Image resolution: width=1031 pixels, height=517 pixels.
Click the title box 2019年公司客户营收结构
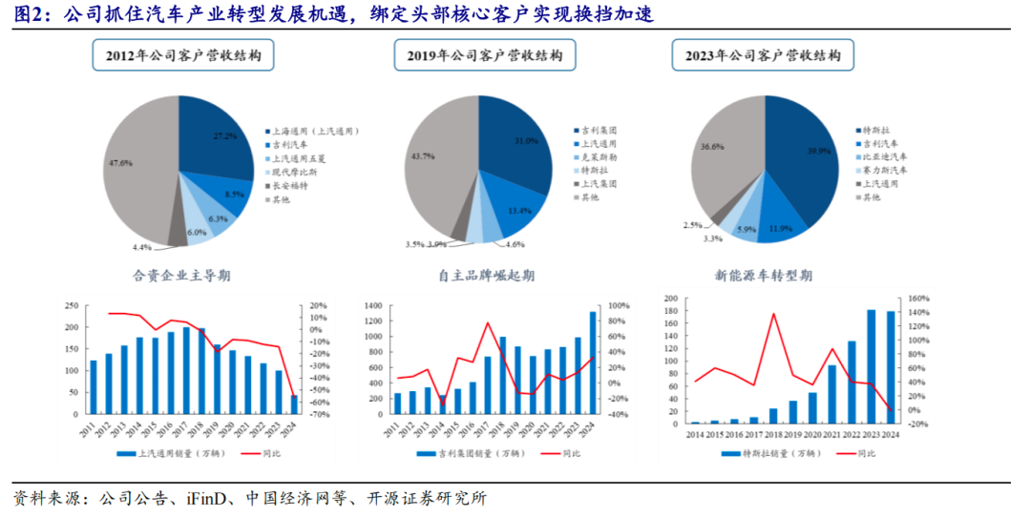coord(478,56)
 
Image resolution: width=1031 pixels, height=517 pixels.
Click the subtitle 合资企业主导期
coord(181,277)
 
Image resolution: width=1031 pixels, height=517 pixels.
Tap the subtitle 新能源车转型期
coord(764,277)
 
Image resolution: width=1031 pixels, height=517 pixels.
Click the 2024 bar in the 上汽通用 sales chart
coord(293,404)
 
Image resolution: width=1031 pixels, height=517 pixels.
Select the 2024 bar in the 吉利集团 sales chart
coord(592,362)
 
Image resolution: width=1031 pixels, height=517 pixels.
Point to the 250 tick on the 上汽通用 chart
coord(70,305)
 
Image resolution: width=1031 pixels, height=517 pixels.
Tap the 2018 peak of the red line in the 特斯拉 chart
coord(773,314)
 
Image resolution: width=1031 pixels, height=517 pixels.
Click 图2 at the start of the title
coord(25,14)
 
